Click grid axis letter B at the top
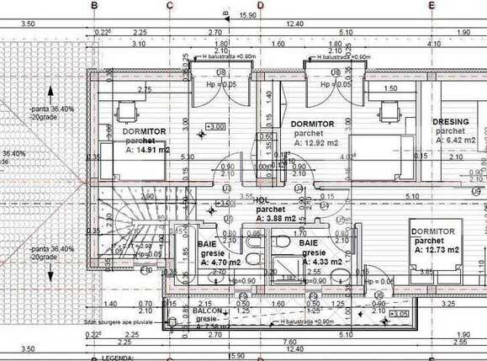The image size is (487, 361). click(x=93, y=6)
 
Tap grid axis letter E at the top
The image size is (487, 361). click(x=431, y=6)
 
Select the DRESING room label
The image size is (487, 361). click(x=451, y=122)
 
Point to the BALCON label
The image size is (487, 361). click(x=208, y=311)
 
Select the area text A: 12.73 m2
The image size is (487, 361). click(x=437, y=250)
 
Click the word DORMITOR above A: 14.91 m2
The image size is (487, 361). click(x=143, y=132)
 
